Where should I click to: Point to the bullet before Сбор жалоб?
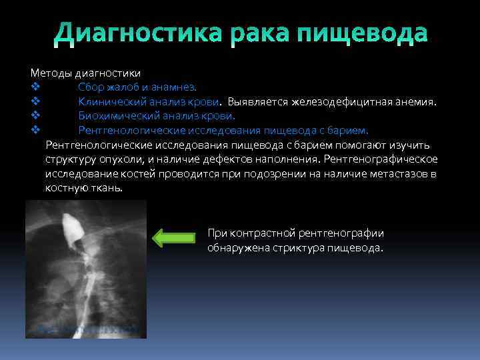[x=35, y=87]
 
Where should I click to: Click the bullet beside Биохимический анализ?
[x=35, y=116]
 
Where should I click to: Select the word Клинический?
[x=109, y=101]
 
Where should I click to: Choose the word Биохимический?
[x=115, y=116]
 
